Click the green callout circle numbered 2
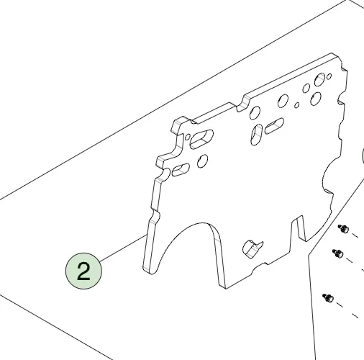(x=83, y=271)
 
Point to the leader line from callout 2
(x=123, y=248)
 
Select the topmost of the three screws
(x=344, y=228)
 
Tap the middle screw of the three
(x=337, y=253)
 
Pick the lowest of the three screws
(x=328, y=298)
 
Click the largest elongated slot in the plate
(x=201, y=139)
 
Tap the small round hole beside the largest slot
(x=188, y=137)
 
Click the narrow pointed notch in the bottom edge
(x=299, y=228)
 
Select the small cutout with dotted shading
(x=252, y=249)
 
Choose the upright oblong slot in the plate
(x=256, y=135)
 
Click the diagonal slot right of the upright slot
(x=274, y=126)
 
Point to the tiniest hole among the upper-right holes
(x=296, y=105)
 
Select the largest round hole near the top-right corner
(x=319, y=80)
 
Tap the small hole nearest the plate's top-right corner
(x=329, y=76)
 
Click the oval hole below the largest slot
(x=202, y=161)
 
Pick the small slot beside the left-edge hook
(x=181, y=170)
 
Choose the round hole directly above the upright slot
(x=255, y=113)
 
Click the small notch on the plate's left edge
(x=155, y=215)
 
